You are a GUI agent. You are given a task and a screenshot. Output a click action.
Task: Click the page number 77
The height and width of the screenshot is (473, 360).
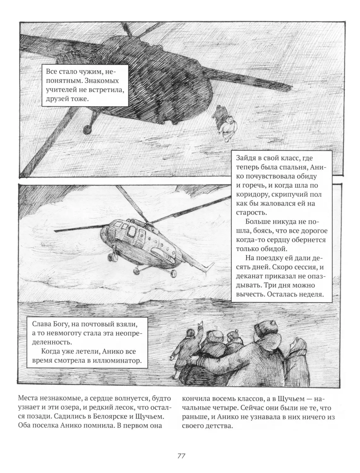181,456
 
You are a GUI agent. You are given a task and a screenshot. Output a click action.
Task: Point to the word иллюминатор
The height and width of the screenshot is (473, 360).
119,360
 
